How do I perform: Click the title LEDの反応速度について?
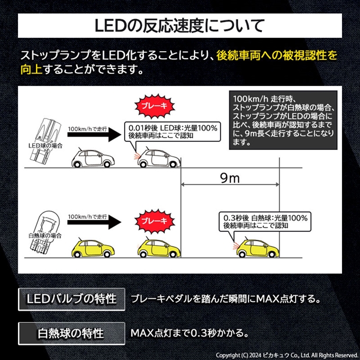[x=179, y=26]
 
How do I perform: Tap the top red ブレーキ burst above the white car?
[x=151, y=106]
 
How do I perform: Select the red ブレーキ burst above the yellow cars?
[x=151, y=221]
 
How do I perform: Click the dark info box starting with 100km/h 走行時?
[x=283, y=120]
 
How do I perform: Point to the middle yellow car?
[x=156, y=249]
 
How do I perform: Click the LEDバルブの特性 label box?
[x=71, y=299]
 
